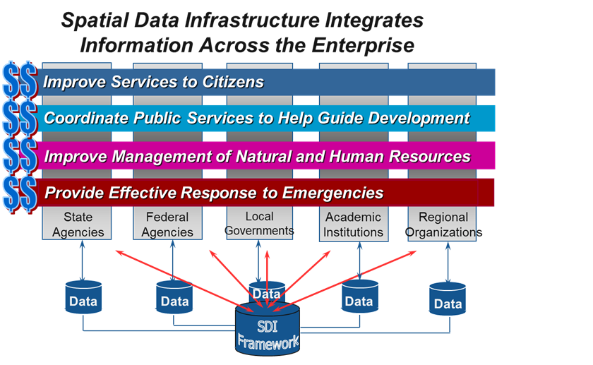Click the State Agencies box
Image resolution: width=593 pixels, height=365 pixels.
click(83, 224)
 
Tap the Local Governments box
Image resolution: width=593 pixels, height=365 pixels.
click(259, 223)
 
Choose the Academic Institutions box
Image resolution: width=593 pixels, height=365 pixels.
click(353, 224)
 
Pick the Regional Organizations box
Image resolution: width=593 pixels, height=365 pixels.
click(443, 224)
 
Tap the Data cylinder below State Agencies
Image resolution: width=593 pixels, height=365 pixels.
click(83, 300)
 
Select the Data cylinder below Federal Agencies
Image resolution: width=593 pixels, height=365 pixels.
click(174, 300)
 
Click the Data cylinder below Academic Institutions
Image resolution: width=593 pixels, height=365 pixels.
click(359, 300)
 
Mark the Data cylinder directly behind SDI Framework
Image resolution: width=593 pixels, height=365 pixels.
click(266, 292)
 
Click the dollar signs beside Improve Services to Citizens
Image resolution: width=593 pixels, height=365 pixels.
click(19, 81)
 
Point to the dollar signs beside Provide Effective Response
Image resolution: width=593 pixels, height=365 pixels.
click(19, 193)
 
